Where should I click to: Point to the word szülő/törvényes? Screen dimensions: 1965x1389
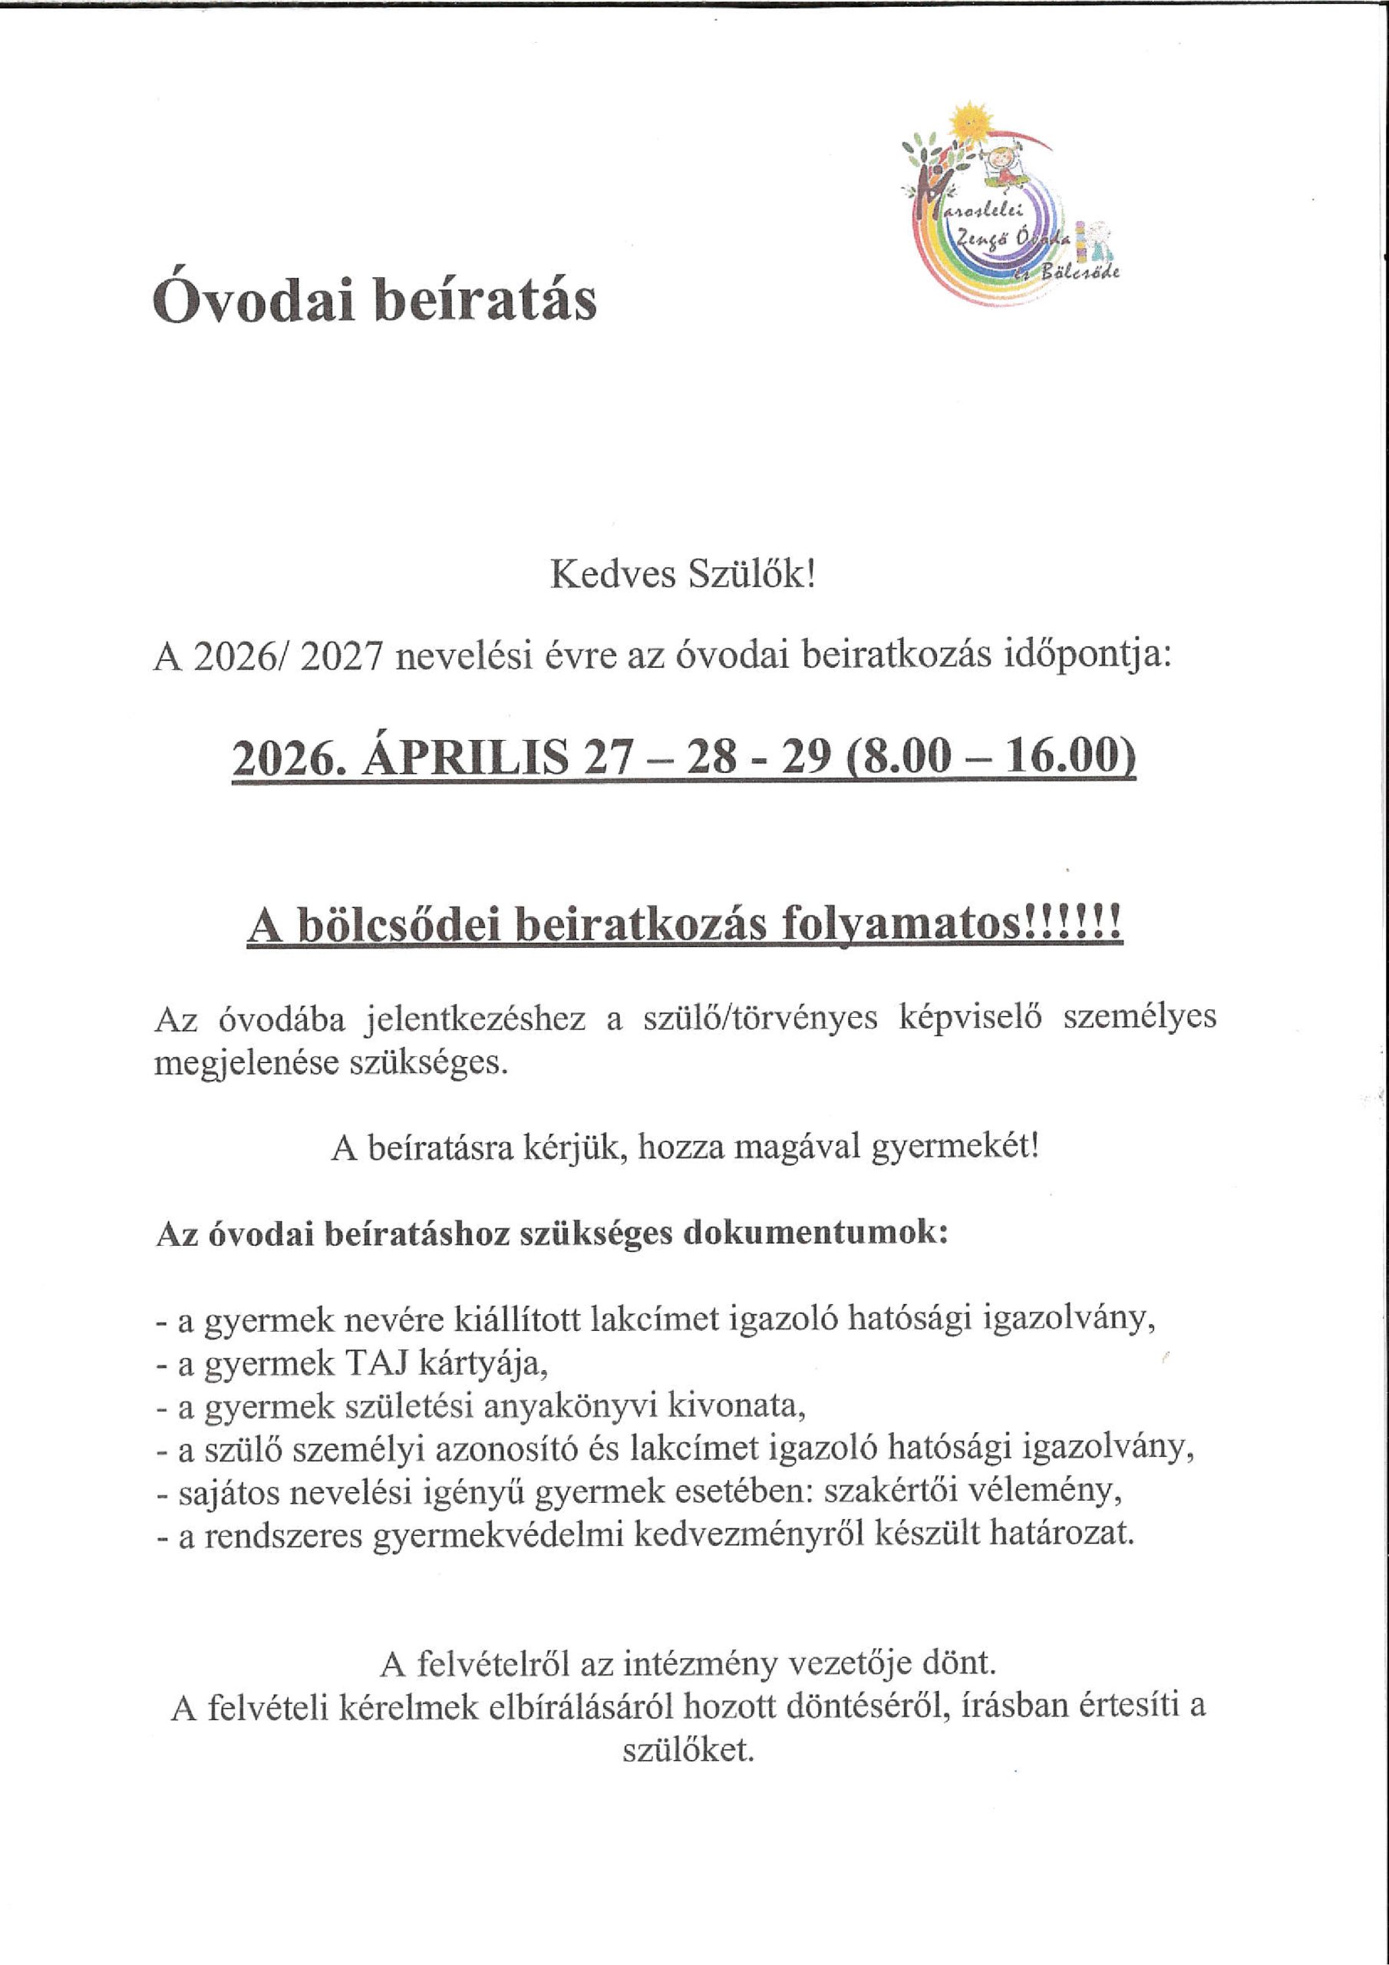pyautogui.click(x=760, y=1019)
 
